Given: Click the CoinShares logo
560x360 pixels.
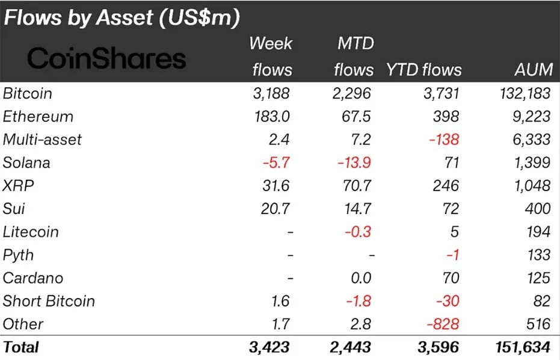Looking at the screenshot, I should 107,58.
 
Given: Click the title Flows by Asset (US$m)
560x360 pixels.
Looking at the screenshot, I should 122,17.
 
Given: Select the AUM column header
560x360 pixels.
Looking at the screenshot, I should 534,70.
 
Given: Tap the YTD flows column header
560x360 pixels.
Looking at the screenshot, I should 423,70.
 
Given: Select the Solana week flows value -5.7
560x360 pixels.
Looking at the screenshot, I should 276,163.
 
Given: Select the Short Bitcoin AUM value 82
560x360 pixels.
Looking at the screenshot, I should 541,301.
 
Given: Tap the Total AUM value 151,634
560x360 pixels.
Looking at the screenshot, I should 520,347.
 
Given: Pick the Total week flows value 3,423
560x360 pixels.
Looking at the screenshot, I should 269,347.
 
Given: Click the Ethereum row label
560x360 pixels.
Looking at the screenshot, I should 38,117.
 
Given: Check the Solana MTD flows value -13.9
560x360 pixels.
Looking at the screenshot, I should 354,163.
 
